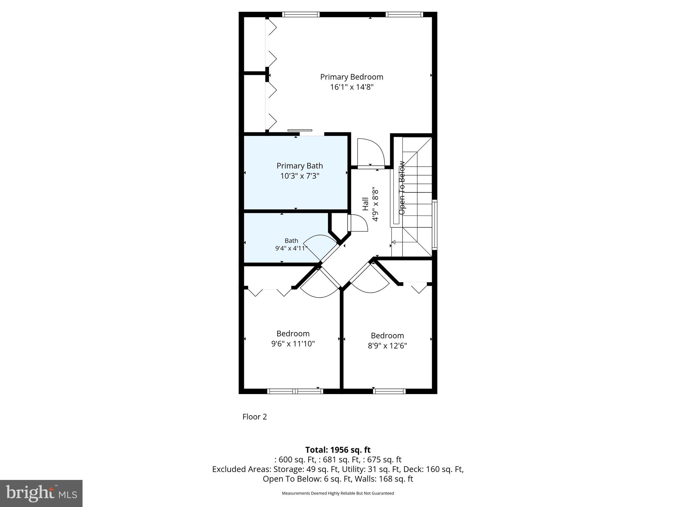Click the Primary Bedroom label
tap(352, 77)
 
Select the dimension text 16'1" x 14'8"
tap(352, 87)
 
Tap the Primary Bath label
tap(299, 166)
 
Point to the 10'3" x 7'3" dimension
tap(299, 176)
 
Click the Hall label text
tap(365, 204)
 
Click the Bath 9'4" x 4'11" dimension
tap(291, 248)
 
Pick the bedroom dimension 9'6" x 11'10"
tap(293, 344)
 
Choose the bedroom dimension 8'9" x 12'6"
tap(387, 346)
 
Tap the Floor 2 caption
tap(254, 417)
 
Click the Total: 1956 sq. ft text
tap(338, 450)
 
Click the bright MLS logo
tap(41, 493)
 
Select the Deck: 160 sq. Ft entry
tap(444, 469)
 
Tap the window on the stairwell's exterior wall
tap(435, 224)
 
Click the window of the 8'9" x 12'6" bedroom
tap(389, 391)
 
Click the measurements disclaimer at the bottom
tap(338, 493)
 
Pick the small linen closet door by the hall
tap(357, 223)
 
